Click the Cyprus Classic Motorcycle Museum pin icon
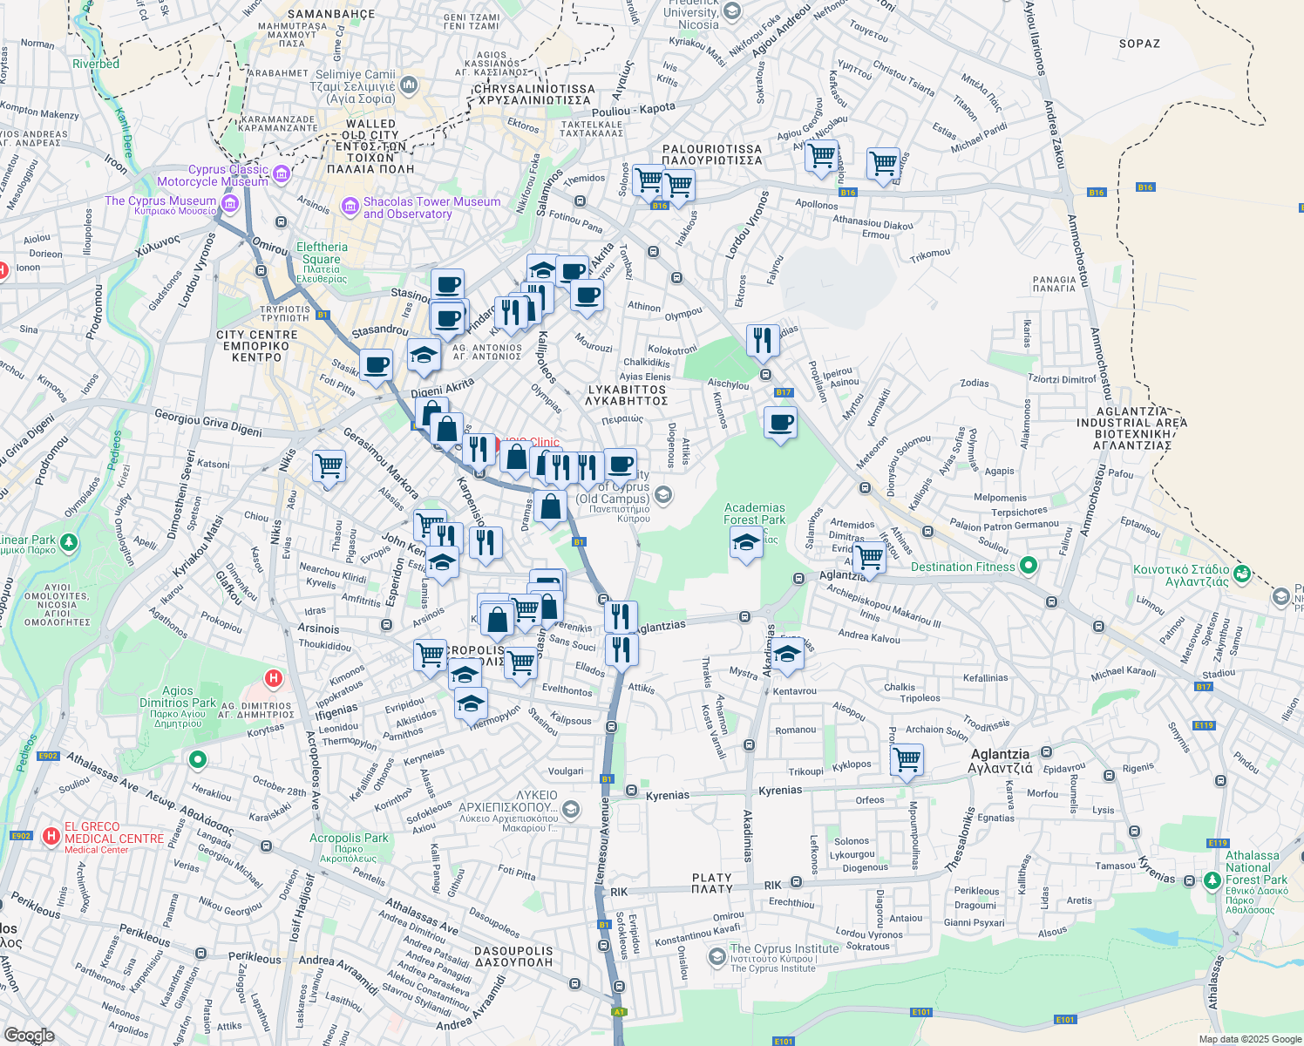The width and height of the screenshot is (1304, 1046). click(282, 175)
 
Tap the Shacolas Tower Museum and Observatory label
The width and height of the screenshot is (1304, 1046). click(431, 207)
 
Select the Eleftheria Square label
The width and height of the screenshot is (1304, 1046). click(322, 258)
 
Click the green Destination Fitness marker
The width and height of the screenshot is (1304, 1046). click(1028, 566)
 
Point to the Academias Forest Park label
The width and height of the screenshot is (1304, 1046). click(754, 513)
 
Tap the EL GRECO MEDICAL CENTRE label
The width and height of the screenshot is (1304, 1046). click(113, 833)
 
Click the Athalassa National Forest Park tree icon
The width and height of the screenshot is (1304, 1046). click(1212, 880)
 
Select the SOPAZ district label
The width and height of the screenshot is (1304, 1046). click(1139, 44)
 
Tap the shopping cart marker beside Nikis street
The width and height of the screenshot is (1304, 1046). click(329, 465)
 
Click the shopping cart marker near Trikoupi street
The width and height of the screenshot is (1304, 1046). click(907, 758)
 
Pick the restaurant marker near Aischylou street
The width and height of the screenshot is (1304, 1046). click(763, 340)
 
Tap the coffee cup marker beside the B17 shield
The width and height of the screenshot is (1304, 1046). click(780, 423)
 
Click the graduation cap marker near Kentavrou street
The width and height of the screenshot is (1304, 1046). click(787, 654)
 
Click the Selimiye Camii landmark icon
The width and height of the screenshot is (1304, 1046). click(409, 85)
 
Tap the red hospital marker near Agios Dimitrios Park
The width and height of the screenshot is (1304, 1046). click(274, 678)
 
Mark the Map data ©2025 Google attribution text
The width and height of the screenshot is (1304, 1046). click(1249, 1039)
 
